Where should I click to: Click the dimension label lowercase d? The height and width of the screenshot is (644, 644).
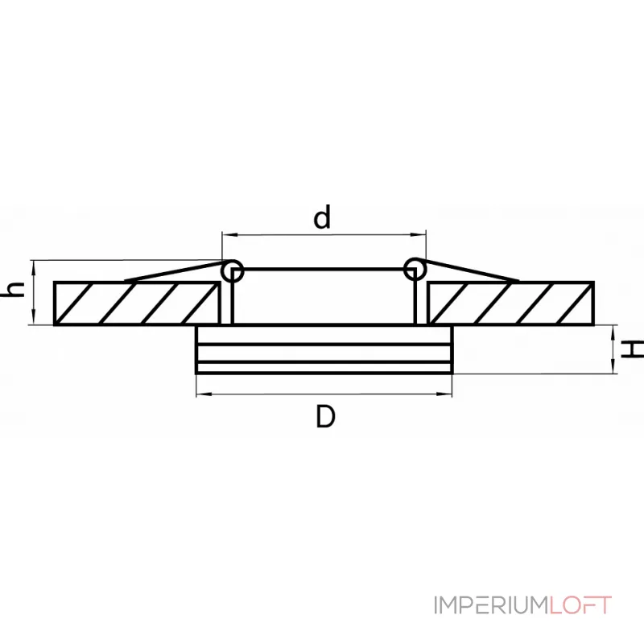tap(323, 217)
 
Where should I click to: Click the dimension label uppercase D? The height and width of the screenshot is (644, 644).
tap(324, 416)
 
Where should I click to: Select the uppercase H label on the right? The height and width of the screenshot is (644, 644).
tap(635, 349)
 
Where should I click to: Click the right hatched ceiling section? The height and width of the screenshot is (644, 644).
tap(510, 303)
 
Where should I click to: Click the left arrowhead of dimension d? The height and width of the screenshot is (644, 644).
tap(227, 235)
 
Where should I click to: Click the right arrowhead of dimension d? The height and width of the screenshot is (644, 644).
tap(420, 235)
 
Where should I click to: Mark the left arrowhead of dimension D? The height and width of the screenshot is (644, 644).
tap(201, 394)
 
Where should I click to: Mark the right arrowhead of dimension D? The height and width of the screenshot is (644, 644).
tap(448, 394)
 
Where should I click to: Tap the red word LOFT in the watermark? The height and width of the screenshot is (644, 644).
tap(581, 605)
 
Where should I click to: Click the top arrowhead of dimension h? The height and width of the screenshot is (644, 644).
tap(33, 266)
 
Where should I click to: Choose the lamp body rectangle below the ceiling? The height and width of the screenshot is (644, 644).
tap(324, 350)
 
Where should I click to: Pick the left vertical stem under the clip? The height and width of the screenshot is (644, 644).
tap(233, 302)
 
